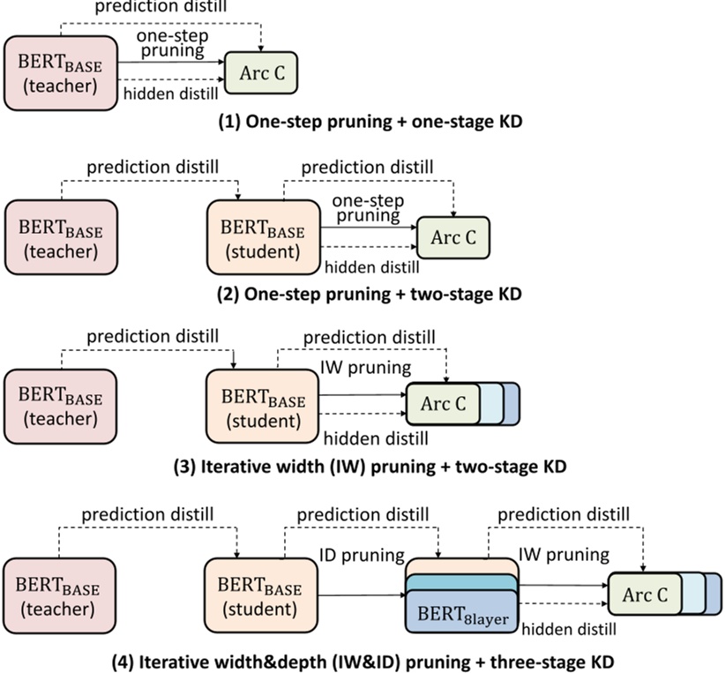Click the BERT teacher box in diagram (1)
(x=62, y=72)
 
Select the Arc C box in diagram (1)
(x=263, y=72)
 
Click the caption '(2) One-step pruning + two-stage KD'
(x=370, y=295)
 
